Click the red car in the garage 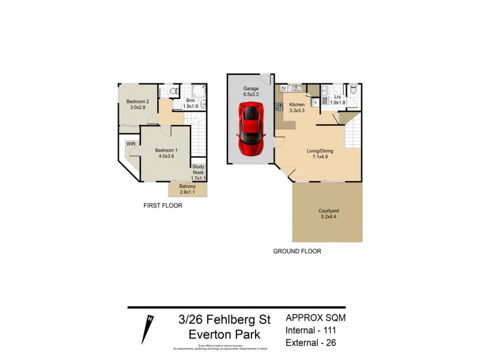click(251, 128)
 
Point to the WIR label click(130, 144)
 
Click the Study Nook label click(198, 169)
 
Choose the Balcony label click(187, 186)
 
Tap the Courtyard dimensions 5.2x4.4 click(328, 218)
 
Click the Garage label click(251, 88)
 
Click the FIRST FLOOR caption click(163, 206)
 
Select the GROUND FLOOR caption click(297, 251)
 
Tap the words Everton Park click(224, 334)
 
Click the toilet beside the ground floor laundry click(354, 90)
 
